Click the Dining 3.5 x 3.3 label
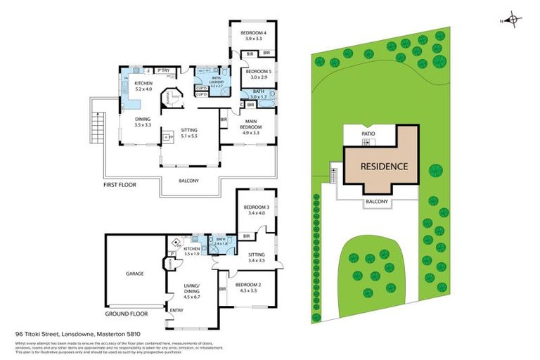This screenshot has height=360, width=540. [x=143, y=122]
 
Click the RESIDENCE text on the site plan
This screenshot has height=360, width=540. [x=384, y=167]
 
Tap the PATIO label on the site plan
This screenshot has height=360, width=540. [x=368, y=132]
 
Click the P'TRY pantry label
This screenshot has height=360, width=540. [x=163, y=70]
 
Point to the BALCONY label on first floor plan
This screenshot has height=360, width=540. [x=188, y=181]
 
